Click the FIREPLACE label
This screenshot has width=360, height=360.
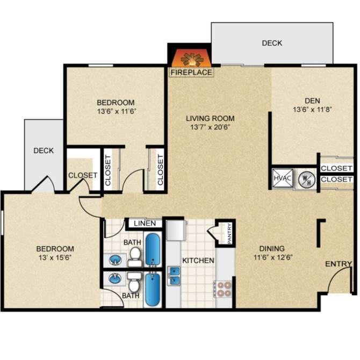click(x=191, y=72)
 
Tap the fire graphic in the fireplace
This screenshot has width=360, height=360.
click(x=191, y=58)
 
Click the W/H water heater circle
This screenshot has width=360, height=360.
click(x=305, y=178)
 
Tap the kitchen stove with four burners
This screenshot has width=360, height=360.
click(x=224, y=289)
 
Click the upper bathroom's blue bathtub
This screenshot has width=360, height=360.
click(x=154, y=250)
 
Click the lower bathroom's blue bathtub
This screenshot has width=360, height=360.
click(x=154, y=289)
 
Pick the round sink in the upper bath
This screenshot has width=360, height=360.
click(x=115, y=261)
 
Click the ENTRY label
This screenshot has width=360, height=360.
click(x=339, y=264)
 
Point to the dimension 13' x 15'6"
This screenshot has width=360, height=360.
click(x=55, y=258)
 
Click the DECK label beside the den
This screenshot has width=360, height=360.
click(x=272, y=43)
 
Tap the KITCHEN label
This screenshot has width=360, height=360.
click(x=198, y=261)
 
